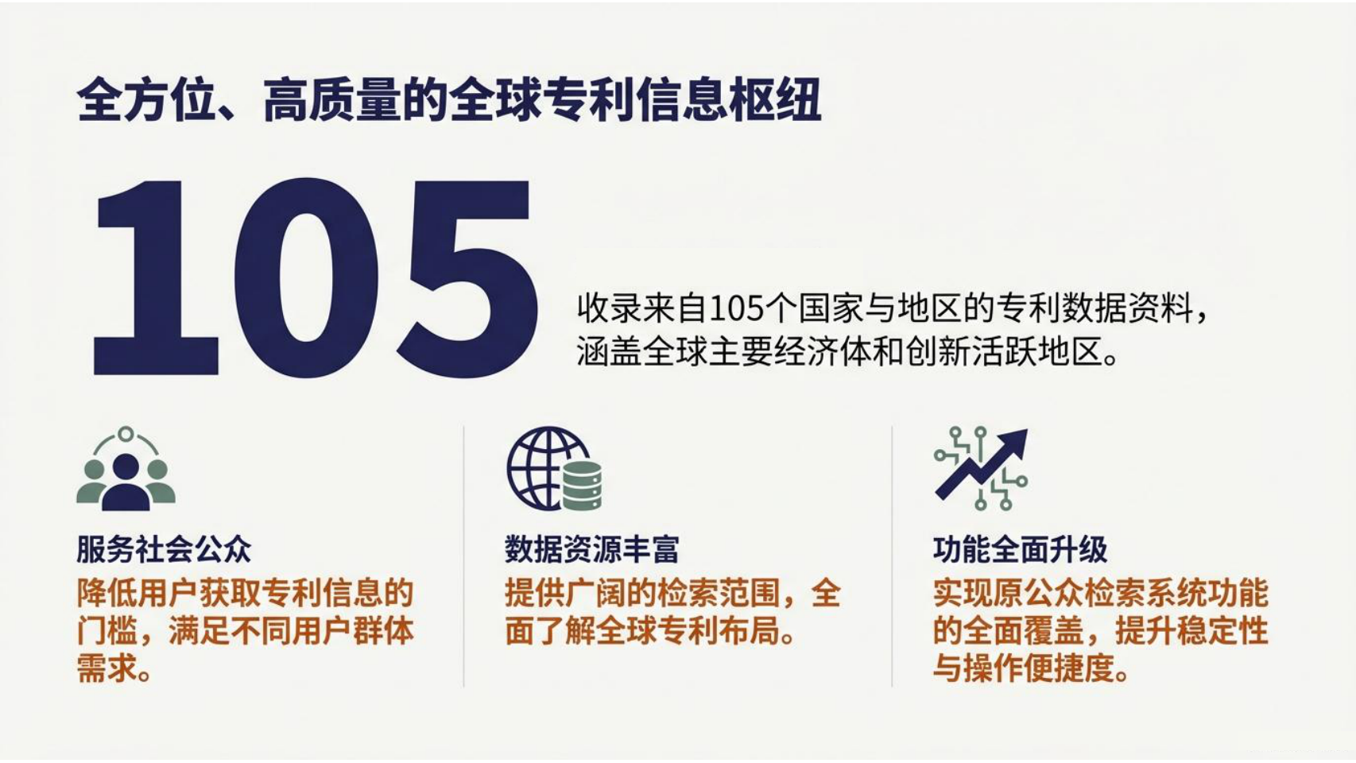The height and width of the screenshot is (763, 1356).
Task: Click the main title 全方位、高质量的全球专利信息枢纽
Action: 448,100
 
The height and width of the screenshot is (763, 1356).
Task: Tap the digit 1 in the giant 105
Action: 156,277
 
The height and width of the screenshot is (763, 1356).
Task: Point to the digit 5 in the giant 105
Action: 467,279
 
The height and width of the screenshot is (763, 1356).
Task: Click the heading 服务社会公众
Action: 164,550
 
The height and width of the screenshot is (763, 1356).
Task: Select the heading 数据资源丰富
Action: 591,550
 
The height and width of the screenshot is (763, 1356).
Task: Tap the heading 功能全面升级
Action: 1020,550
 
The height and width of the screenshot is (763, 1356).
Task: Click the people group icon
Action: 126,469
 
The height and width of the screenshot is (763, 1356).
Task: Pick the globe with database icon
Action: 555,469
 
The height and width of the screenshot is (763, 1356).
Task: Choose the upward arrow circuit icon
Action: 982,469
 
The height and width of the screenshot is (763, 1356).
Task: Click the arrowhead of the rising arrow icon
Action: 1014,443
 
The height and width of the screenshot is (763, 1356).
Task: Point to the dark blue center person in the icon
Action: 126,482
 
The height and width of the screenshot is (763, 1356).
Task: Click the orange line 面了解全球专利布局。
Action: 650,632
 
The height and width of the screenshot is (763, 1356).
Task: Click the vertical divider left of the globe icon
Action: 464,556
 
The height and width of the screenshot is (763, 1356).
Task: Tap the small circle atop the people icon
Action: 126,434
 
